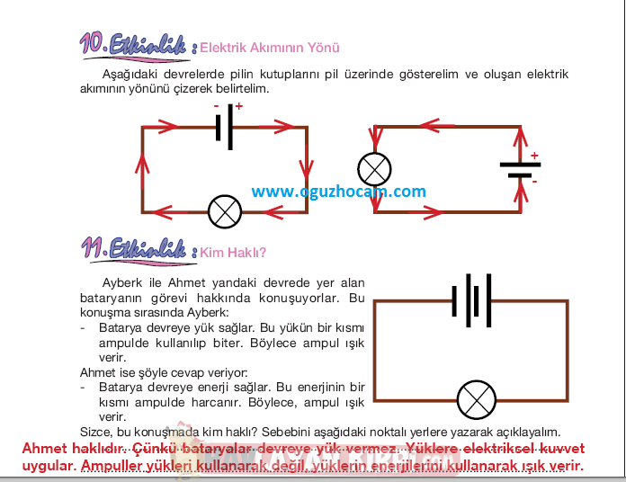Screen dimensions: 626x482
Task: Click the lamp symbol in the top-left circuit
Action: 224,211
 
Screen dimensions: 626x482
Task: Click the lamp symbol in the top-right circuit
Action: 374,169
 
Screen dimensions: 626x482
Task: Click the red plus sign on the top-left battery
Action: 239,106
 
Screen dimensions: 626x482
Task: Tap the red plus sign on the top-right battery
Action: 534,156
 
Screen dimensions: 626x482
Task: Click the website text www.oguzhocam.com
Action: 338,192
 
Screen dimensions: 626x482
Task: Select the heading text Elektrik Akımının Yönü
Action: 270,48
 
